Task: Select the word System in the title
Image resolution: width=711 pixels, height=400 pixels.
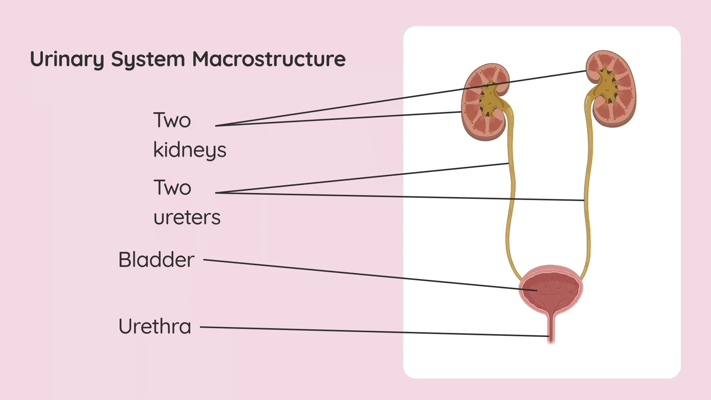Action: [148, 59]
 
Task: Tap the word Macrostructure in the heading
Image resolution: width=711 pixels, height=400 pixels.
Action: [269, 59]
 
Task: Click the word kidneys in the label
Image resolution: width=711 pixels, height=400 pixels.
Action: [190, 150]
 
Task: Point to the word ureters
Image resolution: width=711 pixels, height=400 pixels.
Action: [187, 217]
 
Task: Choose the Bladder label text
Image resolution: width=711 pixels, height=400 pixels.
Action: [156, 260]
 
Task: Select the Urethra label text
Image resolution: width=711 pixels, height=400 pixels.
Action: [155, 327]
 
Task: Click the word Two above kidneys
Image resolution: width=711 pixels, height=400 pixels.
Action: [172, 120]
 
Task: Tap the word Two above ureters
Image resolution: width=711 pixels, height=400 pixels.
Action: [172, 188]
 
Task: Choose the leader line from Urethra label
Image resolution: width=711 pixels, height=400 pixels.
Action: [370, 331]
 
